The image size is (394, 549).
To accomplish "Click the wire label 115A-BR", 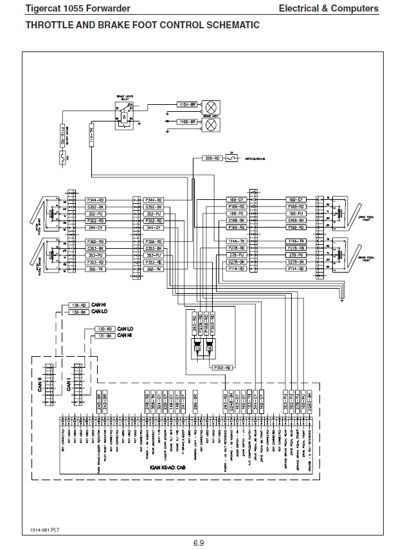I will click(x=187, y=104).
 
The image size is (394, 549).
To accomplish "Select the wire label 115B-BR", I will click(x=187, y=121).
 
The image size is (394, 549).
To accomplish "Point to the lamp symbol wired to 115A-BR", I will click(x=210, y=107).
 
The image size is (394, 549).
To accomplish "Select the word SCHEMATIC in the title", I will click(x=229, y=25).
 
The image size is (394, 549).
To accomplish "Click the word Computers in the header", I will click(x=355, y=8).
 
